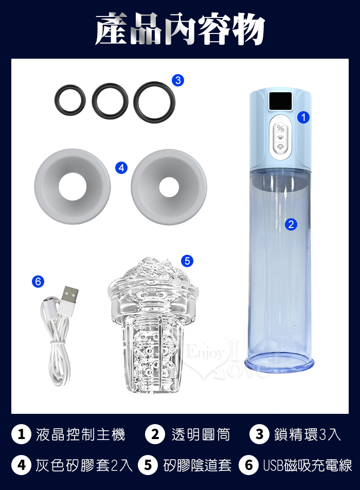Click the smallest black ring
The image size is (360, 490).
(57, 100)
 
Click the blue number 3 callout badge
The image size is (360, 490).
(178, 80)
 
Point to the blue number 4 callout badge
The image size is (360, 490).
(121, 167)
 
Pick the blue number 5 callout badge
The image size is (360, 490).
(187, 260)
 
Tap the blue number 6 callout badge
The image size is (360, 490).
(38, 281)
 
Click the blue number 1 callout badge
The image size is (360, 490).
(303, 117)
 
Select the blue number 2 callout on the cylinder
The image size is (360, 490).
(291, 224)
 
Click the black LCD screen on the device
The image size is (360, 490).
(280, 101)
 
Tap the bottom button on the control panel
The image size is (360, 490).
(280, 147)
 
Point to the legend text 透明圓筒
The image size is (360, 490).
(201, 434)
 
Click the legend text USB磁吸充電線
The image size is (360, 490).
(307, 465)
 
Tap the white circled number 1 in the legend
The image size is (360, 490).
(21, 434)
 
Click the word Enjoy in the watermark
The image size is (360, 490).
(205, 353)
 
